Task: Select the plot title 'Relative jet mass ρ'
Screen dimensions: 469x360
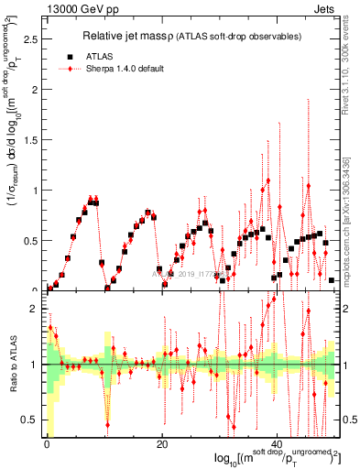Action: (147, 36)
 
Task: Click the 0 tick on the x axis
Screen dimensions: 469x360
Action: (47, 444)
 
